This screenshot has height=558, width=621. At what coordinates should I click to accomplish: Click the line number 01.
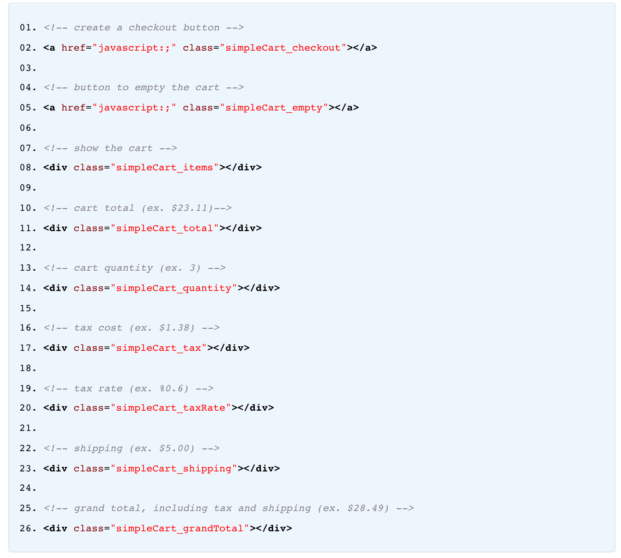[x=28, y=28]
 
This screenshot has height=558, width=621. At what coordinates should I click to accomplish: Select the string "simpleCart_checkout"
[x=283, y=48]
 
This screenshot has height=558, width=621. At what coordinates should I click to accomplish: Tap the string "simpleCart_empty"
[x=274, y=108]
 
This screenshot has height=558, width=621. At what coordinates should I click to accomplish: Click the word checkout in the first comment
[x=153, y=28]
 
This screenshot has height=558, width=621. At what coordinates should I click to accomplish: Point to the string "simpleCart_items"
[x=165, y=168]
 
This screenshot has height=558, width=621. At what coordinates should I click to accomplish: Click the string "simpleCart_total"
[x=165, y=228]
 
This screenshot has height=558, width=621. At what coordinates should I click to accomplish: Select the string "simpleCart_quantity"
[x=174, y=288]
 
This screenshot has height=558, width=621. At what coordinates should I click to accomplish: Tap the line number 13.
[x=28, y=268]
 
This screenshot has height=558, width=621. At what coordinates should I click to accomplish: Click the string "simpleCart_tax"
[x=159, y=348]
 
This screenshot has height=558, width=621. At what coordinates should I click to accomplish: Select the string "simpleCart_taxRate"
[x=171, y=408]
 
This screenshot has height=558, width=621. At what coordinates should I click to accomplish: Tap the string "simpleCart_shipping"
[x=174, y=468]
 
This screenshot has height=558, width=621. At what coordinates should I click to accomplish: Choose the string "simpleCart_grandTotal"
[x=180, y=528]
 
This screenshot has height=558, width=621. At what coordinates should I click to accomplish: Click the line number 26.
[x=28, y=528]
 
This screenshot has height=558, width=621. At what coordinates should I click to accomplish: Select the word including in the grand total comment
[x=180, y=508]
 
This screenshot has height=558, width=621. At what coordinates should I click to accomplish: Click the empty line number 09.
[x=28, y=188]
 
